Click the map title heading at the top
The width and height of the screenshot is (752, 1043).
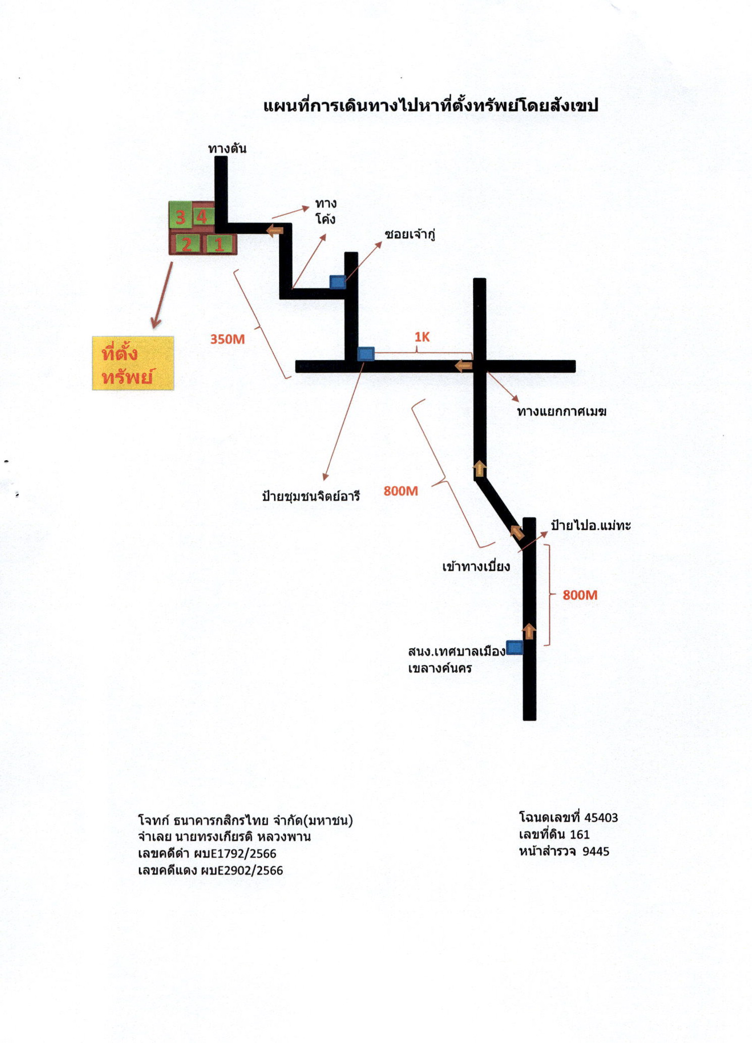431,105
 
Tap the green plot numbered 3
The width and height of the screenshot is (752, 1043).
180,215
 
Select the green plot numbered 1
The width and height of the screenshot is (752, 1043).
219,244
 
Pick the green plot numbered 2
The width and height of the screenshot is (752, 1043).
186,244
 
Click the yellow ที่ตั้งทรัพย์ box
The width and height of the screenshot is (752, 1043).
133,363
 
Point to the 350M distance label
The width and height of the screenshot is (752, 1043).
228,339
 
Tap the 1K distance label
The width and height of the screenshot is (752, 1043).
422,337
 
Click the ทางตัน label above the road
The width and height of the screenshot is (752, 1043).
227,148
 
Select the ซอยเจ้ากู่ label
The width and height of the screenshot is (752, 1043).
410,235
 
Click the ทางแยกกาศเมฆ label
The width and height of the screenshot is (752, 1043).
562,411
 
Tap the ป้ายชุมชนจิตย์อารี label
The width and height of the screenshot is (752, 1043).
311,496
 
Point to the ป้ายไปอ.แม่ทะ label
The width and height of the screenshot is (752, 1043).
591,525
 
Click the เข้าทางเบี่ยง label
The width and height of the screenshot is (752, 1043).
476,566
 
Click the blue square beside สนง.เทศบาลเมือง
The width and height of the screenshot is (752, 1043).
515,647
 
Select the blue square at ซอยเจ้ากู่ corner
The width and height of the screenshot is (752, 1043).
338,282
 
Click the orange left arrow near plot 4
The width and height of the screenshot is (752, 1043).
275,231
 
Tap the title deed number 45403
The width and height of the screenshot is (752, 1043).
601,817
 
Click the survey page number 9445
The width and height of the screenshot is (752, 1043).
596,851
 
